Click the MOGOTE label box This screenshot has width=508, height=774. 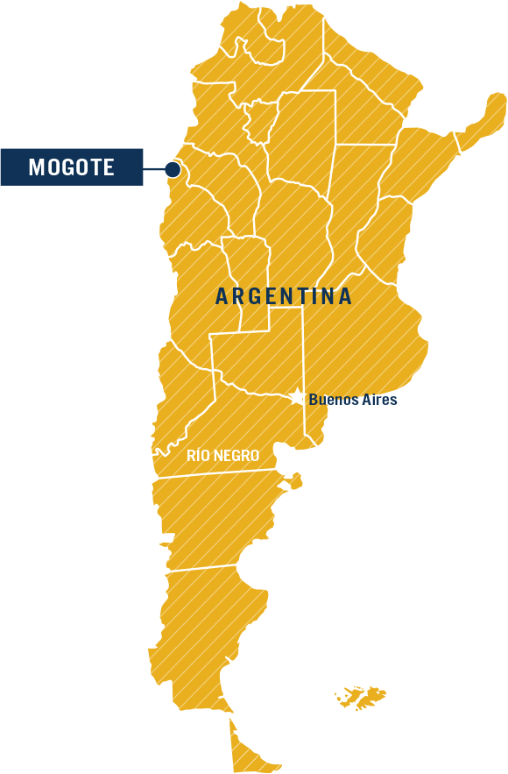coord(72,167)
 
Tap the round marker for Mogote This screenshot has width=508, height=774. coord(173,169)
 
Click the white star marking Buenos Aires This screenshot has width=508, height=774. coord(298,398)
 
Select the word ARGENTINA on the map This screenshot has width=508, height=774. coord(284,296)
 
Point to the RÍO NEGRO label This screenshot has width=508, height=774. coord(222,456)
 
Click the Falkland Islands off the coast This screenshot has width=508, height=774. coord(361,697)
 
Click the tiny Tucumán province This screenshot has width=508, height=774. coord(260,121)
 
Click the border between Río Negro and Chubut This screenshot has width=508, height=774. coord(215,474)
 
